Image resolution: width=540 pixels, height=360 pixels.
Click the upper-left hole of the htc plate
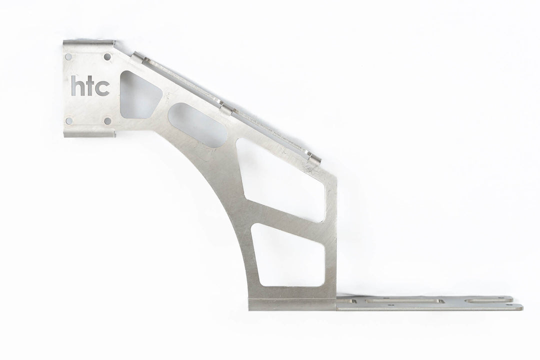(69, 56)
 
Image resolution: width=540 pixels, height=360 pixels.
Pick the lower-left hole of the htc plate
(69, 120)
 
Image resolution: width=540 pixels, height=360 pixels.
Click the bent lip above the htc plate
(90, 43)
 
